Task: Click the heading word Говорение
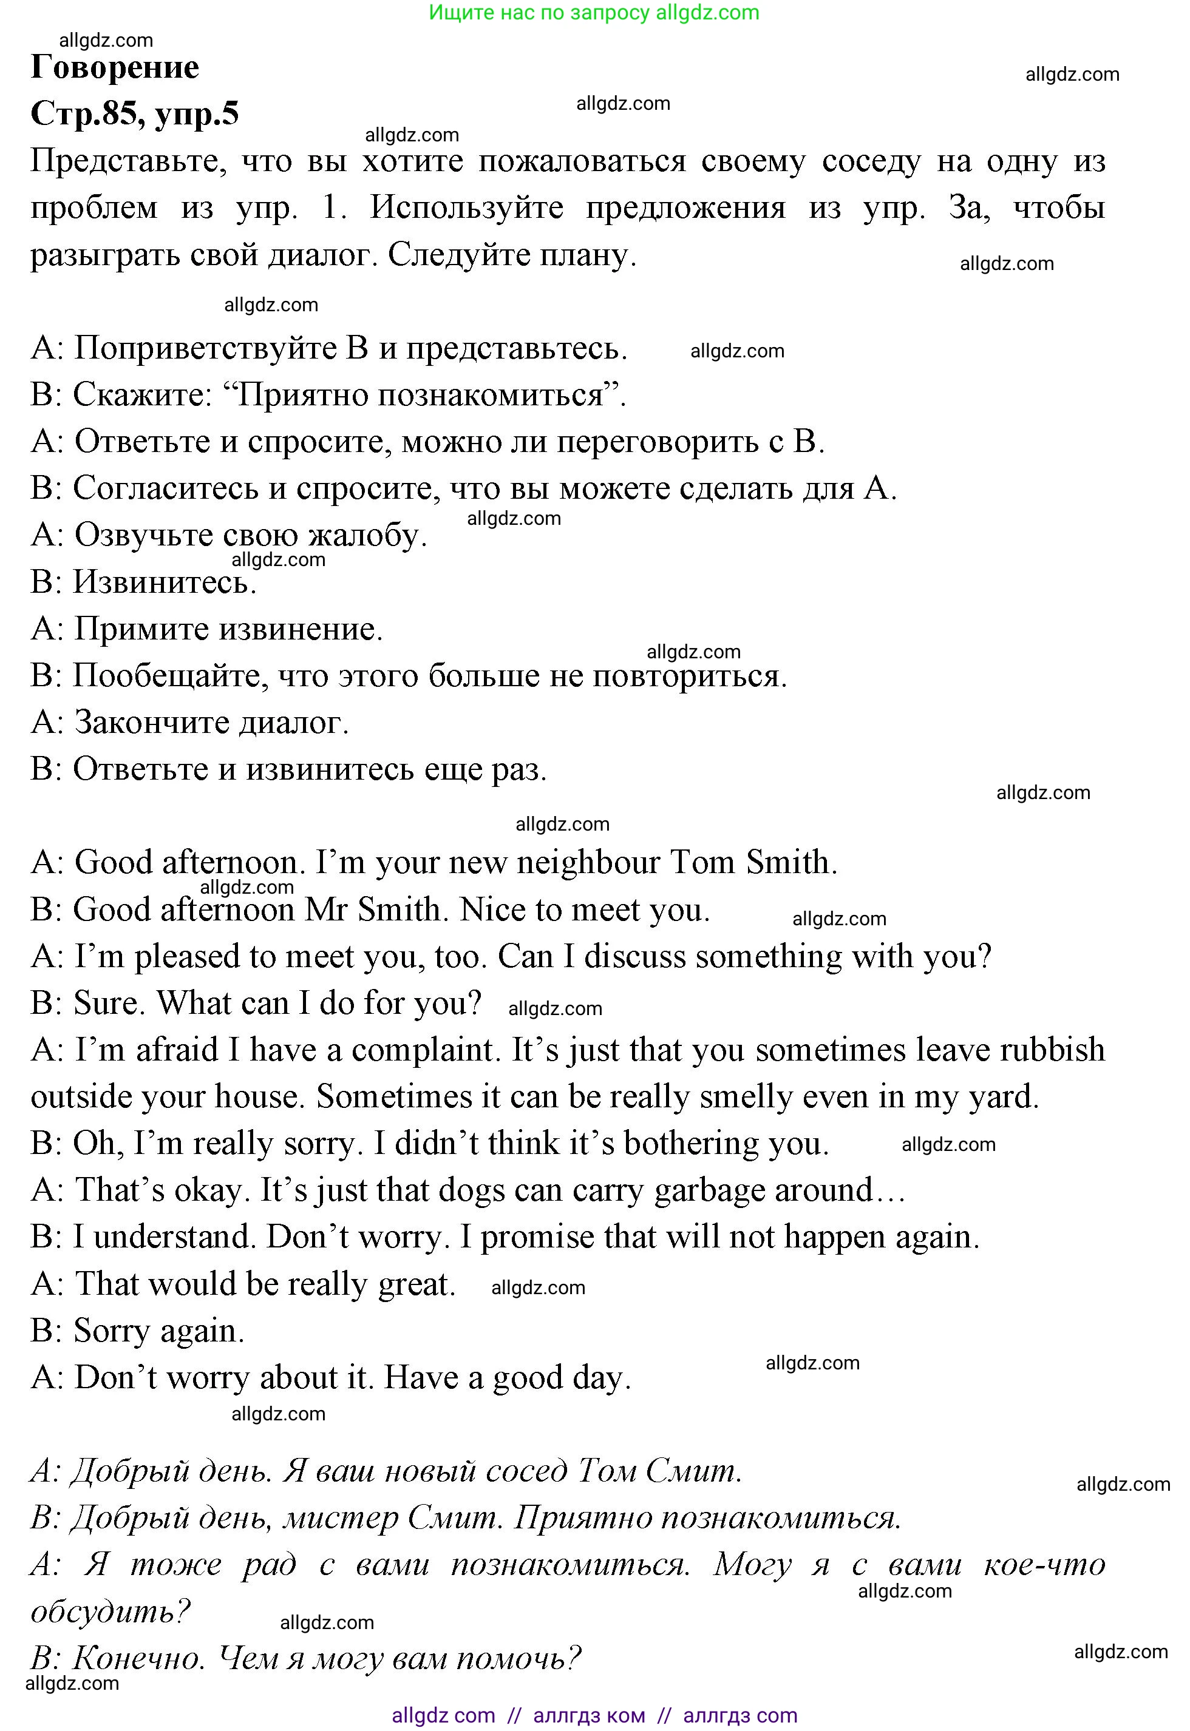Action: [x=115, y=68]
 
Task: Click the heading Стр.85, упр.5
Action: [x=134, y=114]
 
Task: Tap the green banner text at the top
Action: [x=594, y=13]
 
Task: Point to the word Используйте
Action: [x=467, y=209]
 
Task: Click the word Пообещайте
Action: [x=171, y=677]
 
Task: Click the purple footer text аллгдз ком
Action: [x=589, y=1715]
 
